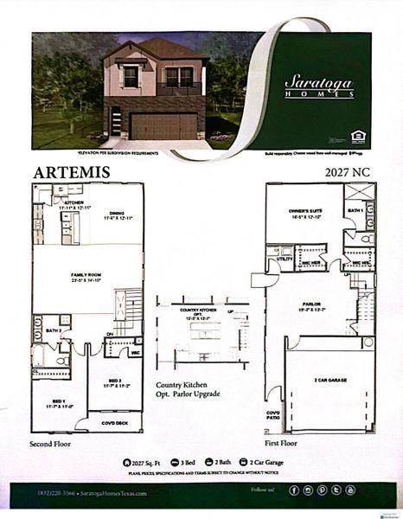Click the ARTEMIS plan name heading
tap(71, 172)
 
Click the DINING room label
tap(118, 215)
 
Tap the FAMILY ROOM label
tap(86, 277)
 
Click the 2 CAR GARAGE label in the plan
tap(329, 380)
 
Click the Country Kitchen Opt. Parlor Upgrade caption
tap(188, 389)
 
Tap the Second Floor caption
tap(53, 445)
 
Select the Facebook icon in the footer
tap(293, 490)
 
